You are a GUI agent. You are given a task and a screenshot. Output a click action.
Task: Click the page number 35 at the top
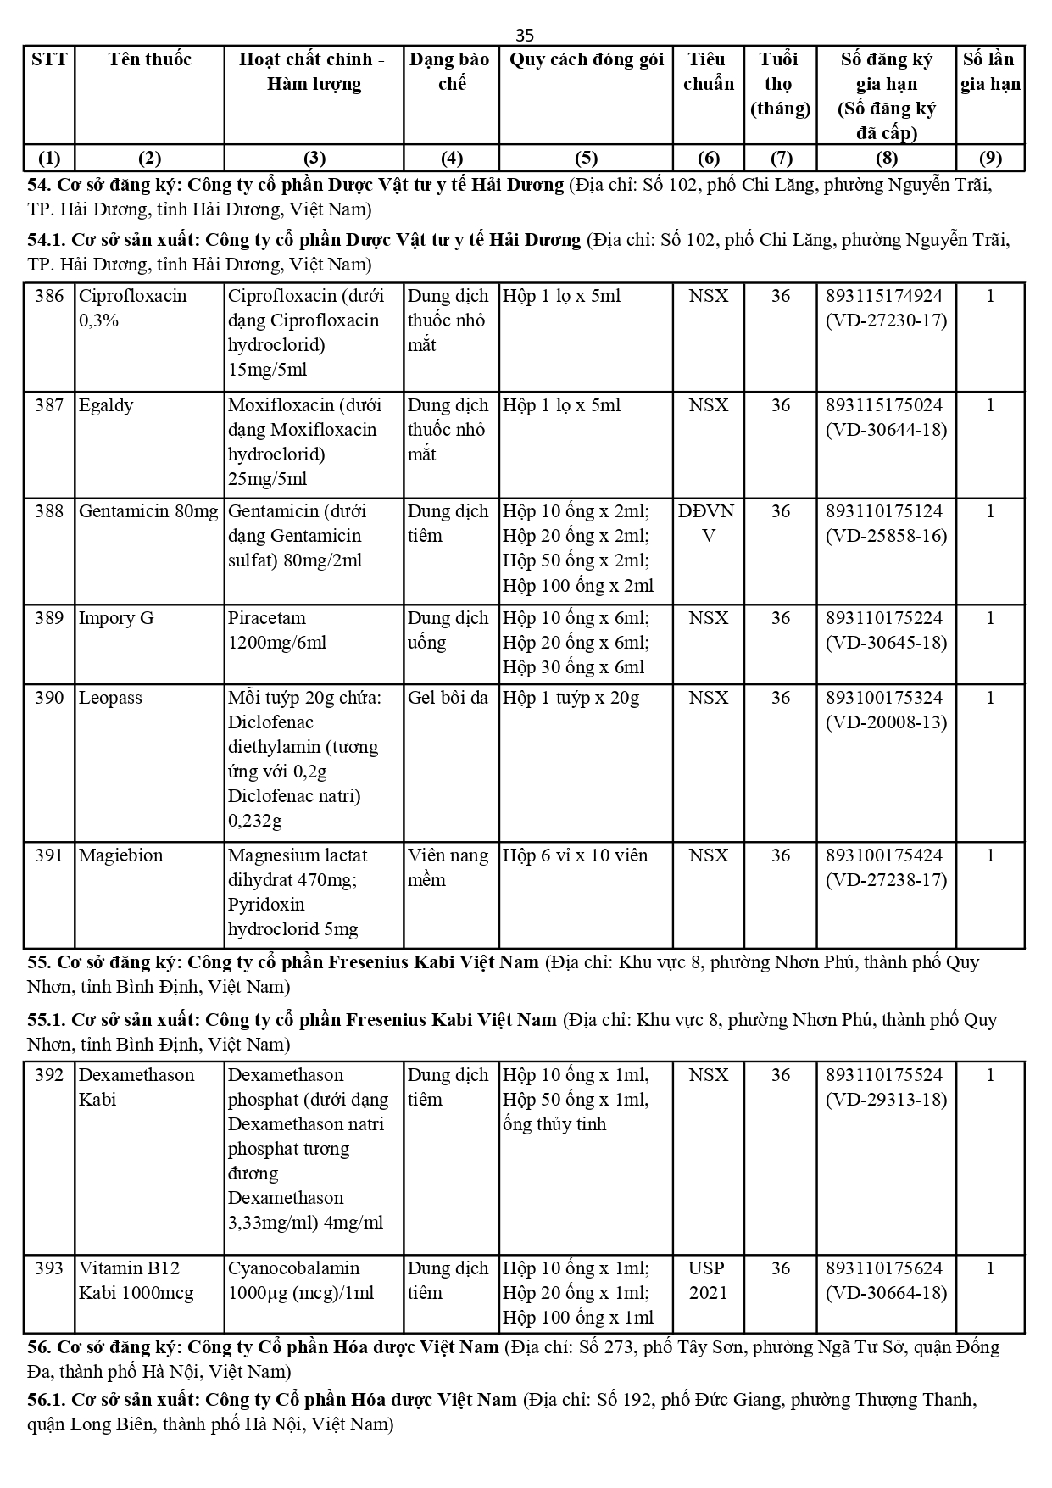click(x=525, y=35)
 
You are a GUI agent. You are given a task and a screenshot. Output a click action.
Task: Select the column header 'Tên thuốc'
click(x=149, y=59)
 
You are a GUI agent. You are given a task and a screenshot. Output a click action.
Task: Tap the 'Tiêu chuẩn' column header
click(x=708, y=71)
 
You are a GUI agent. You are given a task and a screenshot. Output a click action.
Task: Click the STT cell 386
click(x=49, y=296)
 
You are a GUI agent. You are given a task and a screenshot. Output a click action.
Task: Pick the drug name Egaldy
click(x=106, y=405)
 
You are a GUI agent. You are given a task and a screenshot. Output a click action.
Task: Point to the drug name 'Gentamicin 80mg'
click(x=148, y=511)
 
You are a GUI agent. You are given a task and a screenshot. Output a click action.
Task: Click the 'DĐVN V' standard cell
click(x=707, y=523)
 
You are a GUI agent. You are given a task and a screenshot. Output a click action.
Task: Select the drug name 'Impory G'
click(x=116, y=618)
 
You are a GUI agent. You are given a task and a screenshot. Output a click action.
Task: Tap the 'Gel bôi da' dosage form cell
click(x=448, y=698)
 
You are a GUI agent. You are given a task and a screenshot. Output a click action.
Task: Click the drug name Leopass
click(x=110, y=698)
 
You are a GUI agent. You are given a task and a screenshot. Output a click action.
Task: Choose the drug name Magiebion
click(x=120, y=855)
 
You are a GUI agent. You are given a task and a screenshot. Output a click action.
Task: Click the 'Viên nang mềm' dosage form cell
click(x=448, y=867)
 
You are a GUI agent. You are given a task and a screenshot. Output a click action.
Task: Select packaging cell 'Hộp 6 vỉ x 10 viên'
click(x=575, y=855)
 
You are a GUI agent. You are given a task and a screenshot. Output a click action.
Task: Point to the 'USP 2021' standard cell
click(x=707, y=1280)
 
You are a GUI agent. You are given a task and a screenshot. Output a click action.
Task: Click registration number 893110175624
click(x=884, y=1268)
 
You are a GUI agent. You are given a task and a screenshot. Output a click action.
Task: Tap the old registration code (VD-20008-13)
click(x=887, y=722)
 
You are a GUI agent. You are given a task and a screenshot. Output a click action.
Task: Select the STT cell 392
click(x=49, y=1075)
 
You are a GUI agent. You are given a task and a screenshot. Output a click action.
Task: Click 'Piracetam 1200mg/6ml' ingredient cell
click(x=276, y=630)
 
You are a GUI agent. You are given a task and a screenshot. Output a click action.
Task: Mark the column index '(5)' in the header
click(x=586, y=158)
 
